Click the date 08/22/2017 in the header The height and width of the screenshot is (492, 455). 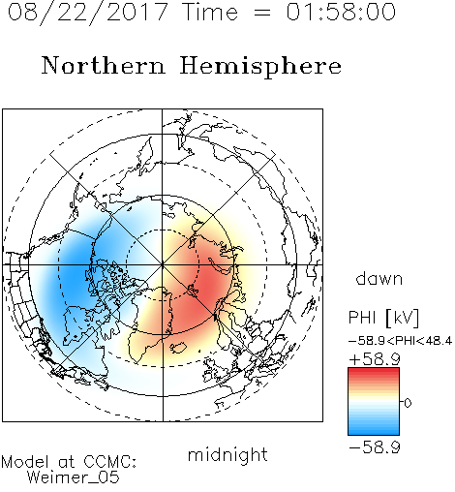tap(87, 13)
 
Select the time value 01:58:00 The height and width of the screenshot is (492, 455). tap(341, 12)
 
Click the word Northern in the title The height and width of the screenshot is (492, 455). tap(104, 66)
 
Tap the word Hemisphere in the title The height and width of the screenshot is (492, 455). tap(260, 67)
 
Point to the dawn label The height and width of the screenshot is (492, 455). tap(379, 278)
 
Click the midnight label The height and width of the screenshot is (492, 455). tap(227, 455)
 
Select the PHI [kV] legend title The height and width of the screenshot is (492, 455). tap(383, 318)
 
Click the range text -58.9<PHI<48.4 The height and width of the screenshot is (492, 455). tap(400, 341)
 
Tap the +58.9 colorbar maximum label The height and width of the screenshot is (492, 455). tap(375, 359)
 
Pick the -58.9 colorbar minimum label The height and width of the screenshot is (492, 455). tap(375, 447)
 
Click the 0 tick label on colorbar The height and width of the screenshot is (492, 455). tap(408, 403)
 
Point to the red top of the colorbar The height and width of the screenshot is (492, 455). tap(374, 372)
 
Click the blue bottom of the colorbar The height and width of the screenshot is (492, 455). tap(374, 431)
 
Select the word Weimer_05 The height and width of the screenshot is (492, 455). tap(74, 477)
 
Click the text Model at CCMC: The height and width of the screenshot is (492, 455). tap(69, 462)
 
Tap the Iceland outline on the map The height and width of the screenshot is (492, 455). tap(178, 348)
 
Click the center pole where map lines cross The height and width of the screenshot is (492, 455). tap(163, 265)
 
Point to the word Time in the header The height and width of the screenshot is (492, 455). tap(210, 12)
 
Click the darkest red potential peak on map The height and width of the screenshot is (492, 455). tap(211, 284)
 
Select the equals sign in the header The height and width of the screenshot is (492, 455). tap(262, 14)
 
